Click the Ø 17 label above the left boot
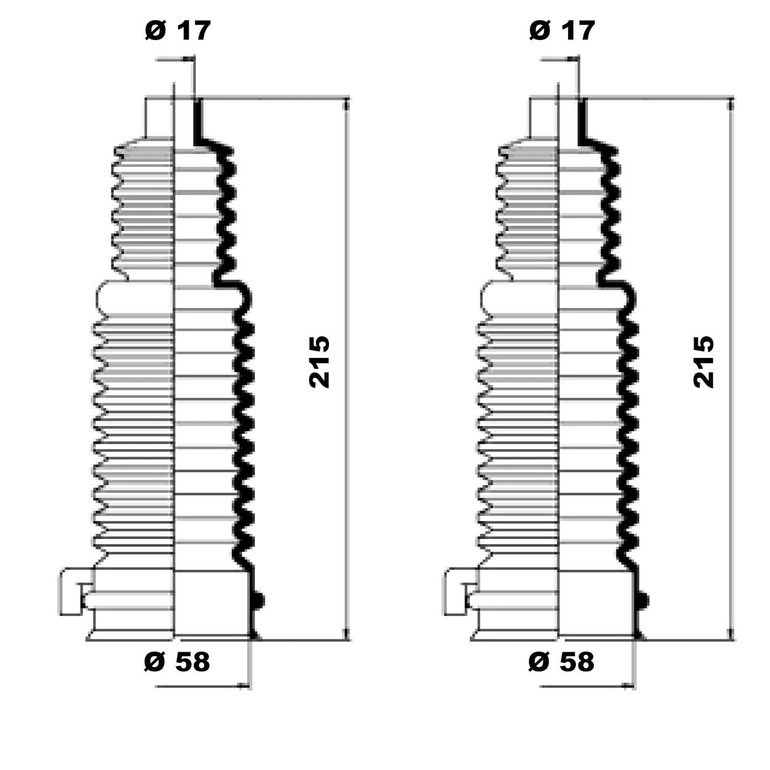pyautogui.click(x=177, y=30)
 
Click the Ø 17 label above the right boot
pyautogui.click(x=562, y=30)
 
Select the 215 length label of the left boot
pyautogui.click(x=319, y=362)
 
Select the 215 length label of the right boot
pyautogui.click(x=703, y=362)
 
